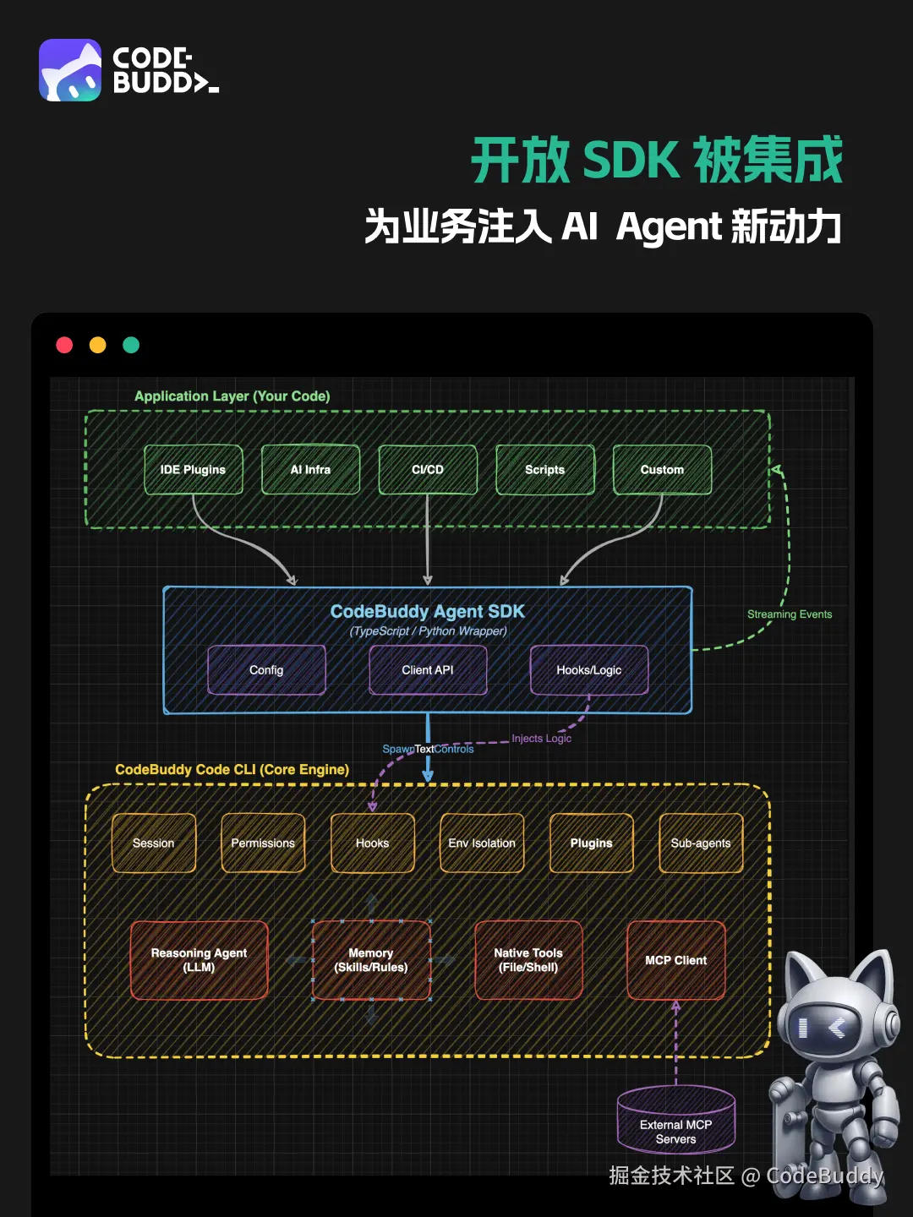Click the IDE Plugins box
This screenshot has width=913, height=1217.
point(193,470)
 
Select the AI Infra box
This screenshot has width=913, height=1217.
point(310,470)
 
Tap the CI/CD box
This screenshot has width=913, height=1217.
point(428,470)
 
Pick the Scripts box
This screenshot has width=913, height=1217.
point(544,470)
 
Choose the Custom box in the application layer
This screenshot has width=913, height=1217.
point(662,470)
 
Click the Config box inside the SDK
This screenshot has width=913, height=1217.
point(266,670)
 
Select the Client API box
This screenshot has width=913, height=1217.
point(428,670)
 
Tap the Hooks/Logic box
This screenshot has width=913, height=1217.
point(589,670)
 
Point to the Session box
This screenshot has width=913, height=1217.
point(153,843)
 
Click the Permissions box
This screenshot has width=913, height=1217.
point(263,843)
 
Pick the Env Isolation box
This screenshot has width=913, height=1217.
point(482,843)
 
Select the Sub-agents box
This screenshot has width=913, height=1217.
point(701,843)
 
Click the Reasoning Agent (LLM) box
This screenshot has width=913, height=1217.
point(199,960)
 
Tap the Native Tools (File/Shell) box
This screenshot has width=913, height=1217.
point(528,960)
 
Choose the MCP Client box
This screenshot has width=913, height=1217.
point(676,960)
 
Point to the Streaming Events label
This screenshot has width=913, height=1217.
point(790,614)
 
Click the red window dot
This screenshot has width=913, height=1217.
point(64,345)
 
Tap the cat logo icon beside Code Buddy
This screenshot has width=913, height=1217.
point(70,70)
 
